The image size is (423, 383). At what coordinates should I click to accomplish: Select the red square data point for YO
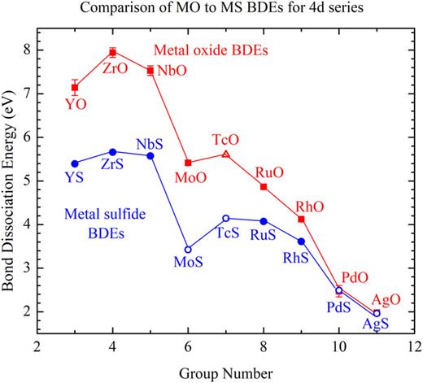(x=75, y=87)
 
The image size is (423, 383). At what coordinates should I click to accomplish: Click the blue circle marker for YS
(x=75, y=163)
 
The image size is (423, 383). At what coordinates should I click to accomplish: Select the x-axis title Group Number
(x=226, y=372)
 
